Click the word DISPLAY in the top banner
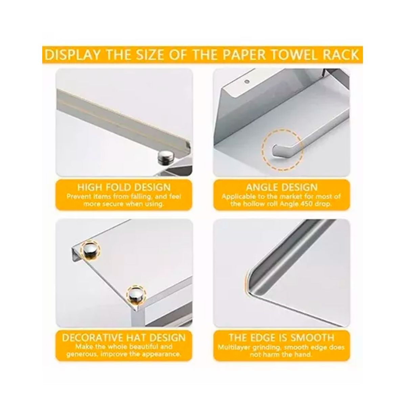coord(72,54)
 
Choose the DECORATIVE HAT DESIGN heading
coord(124,338)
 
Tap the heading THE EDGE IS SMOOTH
coord(282,338)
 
